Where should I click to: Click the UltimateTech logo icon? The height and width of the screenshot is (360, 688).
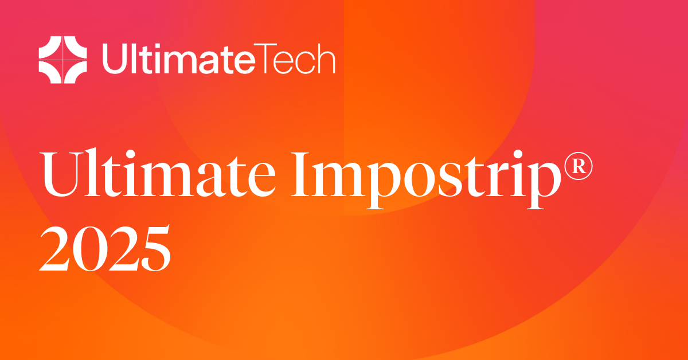[x=62, y=56]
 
